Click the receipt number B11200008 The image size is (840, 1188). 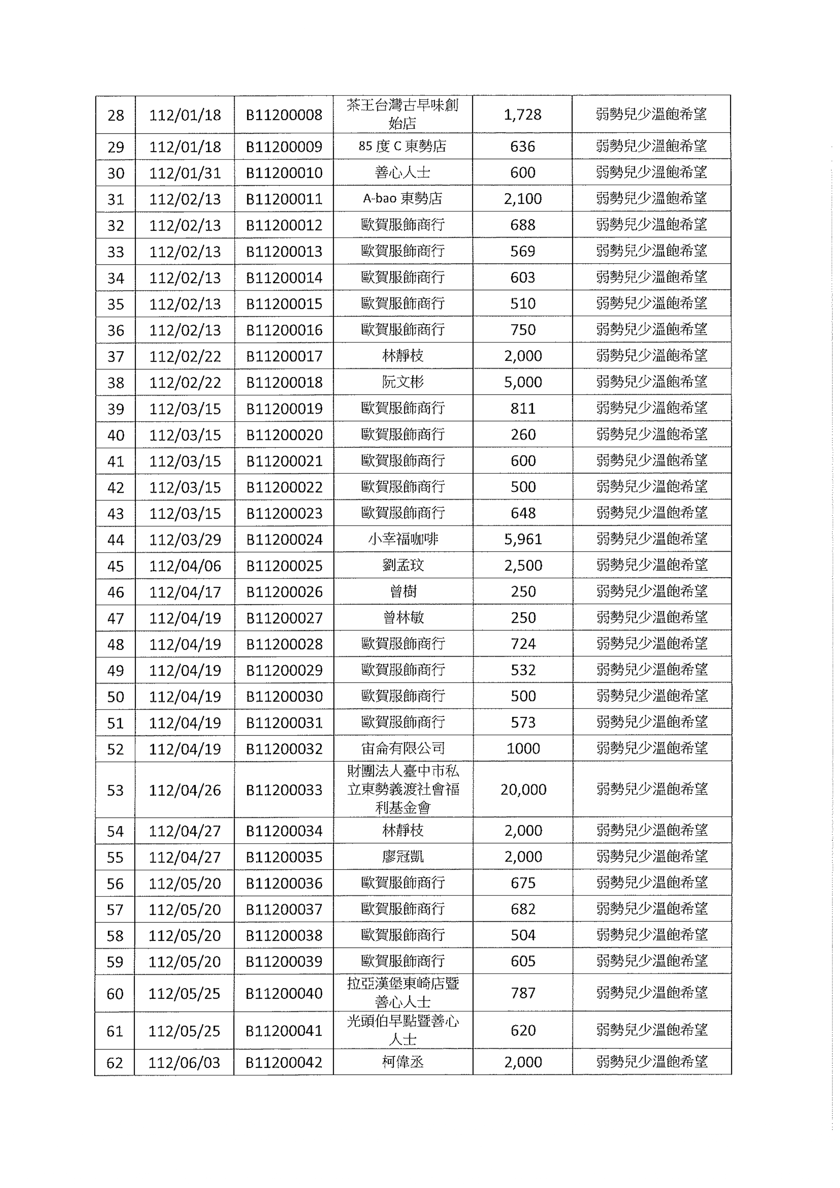284,115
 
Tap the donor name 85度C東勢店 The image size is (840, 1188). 402,147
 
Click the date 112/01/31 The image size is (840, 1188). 185,173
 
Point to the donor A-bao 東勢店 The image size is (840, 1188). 402,199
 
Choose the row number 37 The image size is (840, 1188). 115,357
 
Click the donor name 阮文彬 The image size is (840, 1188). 402,382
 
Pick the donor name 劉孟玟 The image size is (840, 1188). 402,565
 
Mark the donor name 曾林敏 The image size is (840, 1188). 402,618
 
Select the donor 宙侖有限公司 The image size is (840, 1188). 402,748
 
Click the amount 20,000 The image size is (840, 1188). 523,790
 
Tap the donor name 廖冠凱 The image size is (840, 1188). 402,857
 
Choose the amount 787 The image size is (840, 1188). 523,993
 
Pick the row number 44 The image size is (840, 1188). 115,540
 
